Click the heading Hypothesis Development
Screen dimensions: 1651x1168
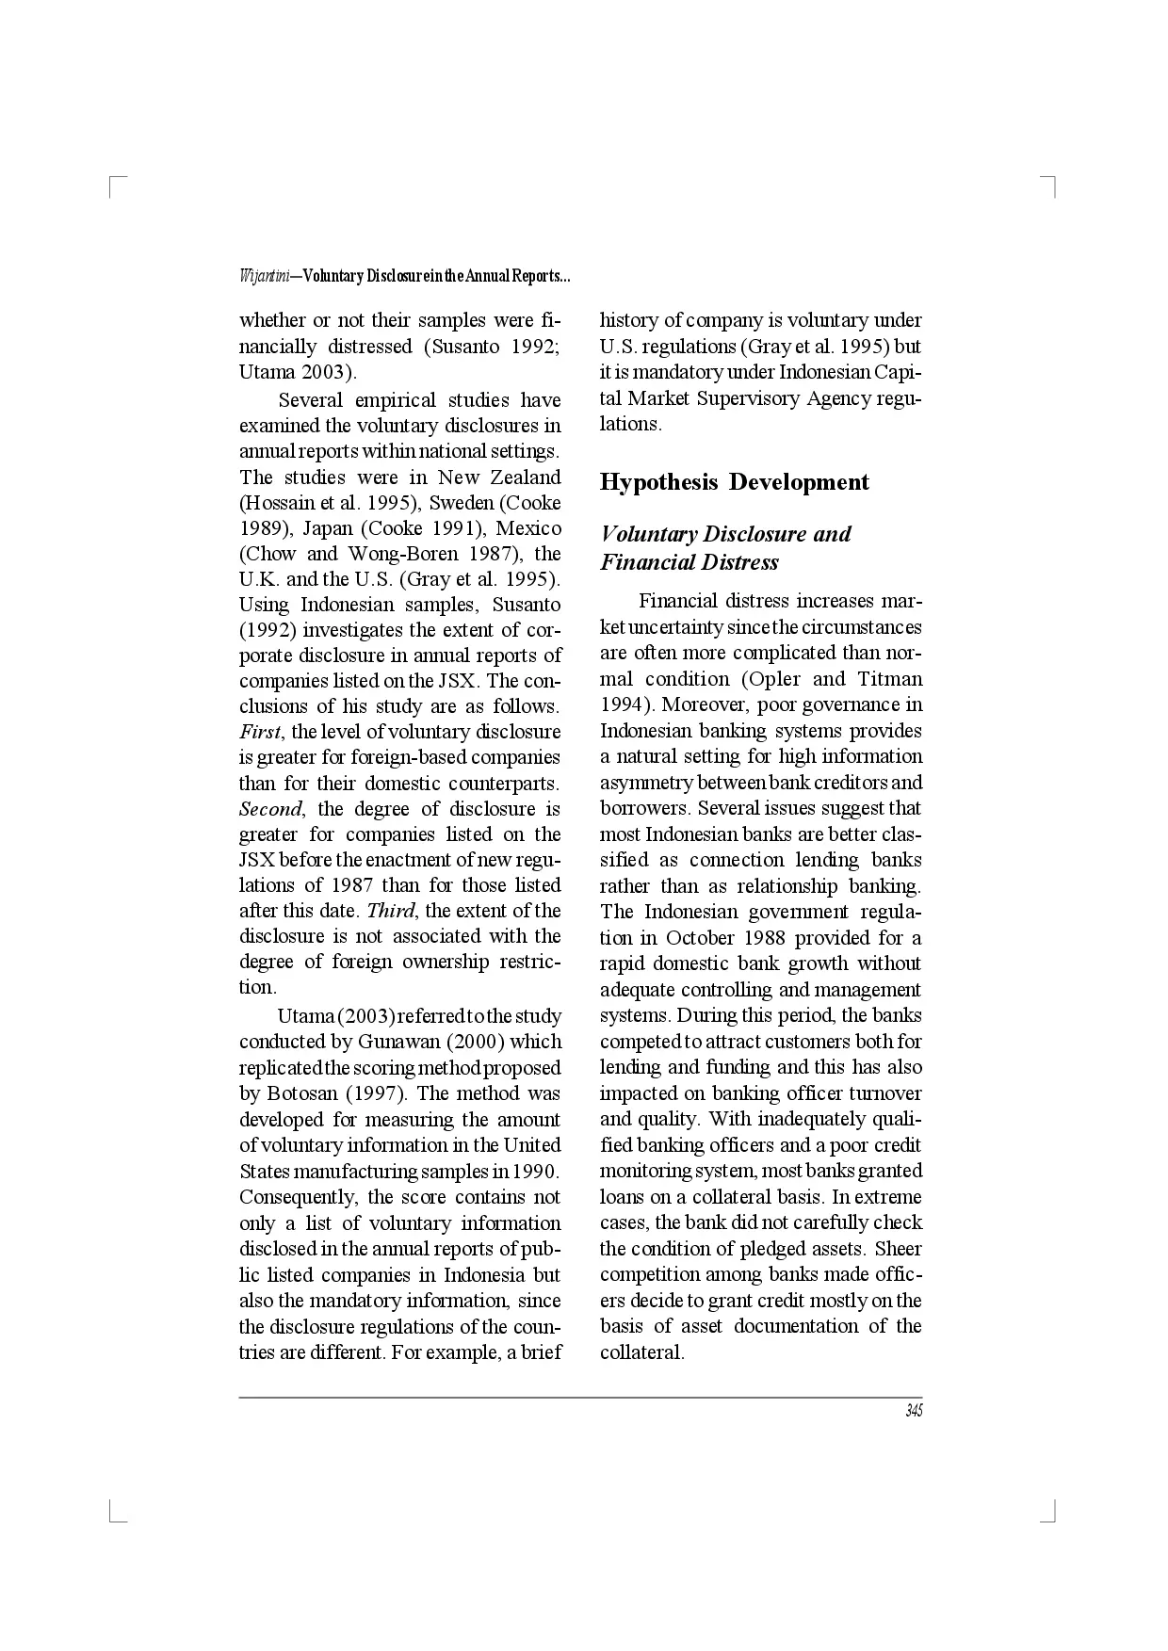(734, 482)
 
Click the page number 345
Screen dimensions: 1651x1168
(913, 1411)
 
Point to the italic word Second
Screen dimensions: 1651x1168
(270, 809)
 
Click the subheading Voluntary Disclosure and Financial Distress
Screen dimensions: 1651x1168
(724, 548)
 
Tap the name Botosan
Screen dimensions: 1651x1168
(302, 1093)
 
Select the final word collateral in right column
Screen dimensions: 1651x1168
(641, 1352)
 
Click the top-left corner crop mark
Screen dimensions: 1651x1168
(114, 184)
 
